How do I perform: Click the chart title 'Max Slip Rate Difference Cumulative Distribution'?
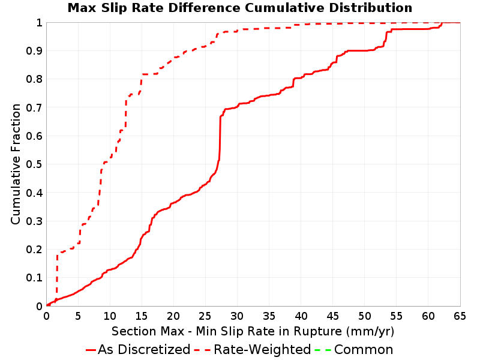click(x=239, y=8)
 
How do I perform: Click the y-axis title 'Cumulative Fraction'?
click(x=16, y=164)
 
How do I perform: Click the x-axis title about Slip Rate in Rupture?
click(x=253, y=331)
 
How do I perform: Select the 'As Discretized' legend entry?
click(x=138, y=350)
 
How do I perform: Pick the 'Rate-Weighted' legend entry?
click(x=253, y=350)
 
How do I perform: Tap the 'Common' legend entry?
click(x=354, y=350)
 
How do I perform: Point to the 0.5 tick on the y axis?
click(x=34, y=164)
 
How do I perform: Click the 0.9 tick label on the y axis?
click(x=34, y=51)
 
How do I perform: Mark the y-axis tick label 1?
click(x=39, y=23)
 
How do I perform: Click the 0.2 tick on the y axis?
click(x=34, y=250)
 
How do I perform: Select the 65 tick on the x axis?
click(x=460, y=316)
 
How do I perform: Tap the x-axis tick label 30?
click(x=237, y=316)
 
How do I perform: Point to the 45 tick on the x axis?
click(x=332, y=316)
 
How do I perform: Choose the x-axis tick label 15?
click(x=142, y=316)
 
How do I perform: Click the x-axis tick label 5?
click(x=78, y=316)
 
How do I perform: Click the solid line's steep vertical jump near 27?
click(x=220, y=138)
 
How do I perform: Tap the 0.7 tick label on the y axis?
click(x=34, y=108)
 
